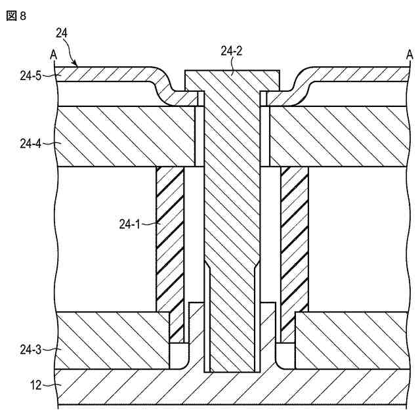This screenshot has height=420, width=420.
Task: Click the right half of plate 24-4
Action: tap(338, 136)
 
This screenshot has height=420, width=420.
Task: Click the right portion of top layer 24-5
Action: tap(354, 76)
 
